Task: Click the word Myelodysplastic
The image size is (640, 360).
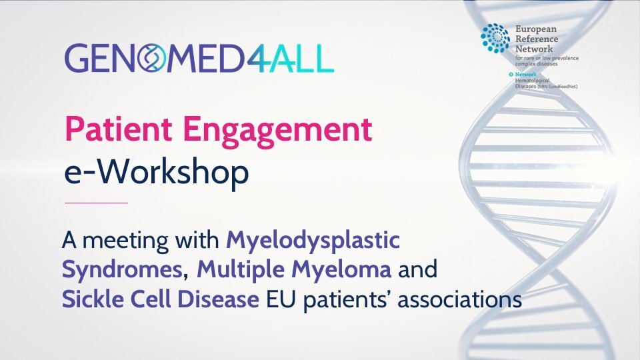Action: pyautogui.click(x=313, y=240)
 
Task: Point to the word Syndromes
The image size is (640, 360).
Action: pyautogui.click(x=120, y=271)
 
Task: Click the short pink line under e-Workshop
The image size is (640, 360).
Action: pyautogui.click(x=95, y=202)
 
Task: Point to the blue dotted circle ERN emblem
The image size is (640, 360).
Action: pyautogui.click(x=495, y=38)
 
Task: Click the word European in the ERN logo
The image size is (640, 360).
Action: pyautogui.click(x=535, y=29)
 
